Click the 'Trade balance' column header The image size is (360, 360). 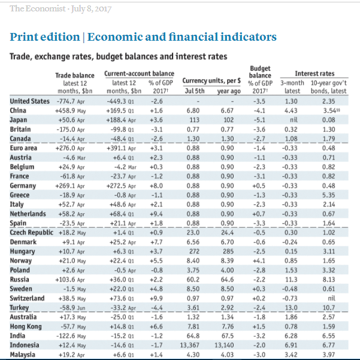tap(75, 75)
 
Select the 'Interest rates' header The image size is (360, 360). tap(314, 74)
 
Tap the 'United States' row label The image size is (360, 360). tap(29, 101)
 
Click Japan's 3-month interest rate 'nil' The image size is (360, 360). tap(294, 120)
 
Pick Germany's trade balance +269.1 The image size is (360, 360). tap(65, 186)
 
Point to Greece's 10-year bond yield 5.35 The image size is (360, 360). tap(328, 195)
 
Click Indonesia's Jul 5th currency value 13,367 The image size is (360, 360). tap(190, 345)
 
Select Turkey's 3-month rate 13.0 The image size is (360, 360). tap(291, 308)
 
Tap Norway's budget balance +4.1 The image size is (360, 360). tap(259, 261)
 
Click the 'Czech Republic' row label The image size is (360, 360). tap(32, 232)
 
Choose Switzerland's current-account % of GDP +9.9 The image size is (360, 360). tap(156, 298)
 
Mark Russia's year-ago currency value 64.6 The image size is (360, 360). tap(227, 280)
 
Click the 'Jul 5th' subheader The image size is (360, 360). tap(195, 91)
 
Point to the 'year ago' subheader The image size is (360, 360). tap(229, 91)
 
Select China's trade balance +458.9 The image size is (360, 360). tap(65, 111)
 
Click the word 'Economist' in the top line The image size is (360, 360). tap(46, 8)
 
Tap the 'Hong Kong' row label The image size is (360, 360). tap(26, 326)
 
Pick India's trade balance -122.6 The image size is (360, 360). tap(66, 336)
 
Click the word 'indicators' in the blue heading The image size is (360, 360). tap(249, 37)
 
